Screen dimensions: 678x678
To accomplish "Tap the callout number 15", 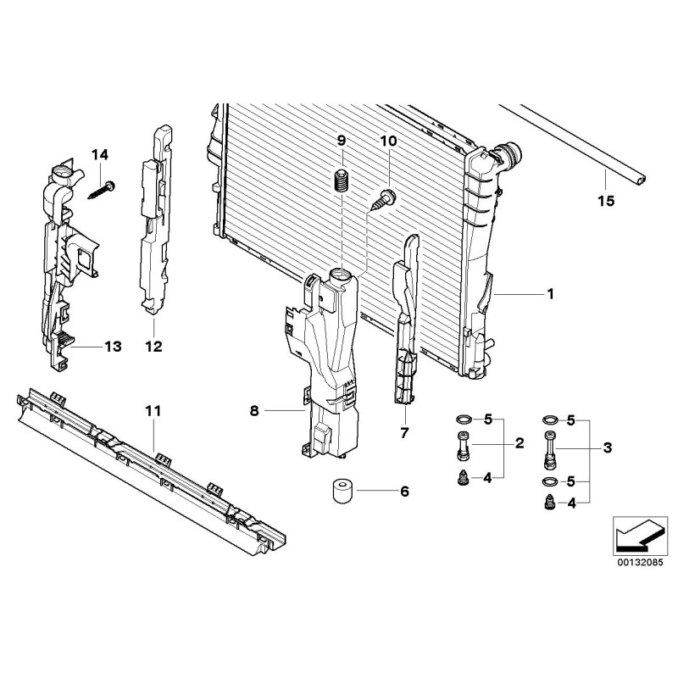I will pos(605,202).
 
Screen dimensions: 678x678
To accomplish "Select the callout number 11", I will pos(153,411).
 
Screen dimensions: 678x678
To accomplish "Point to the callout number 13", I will pos(113,347).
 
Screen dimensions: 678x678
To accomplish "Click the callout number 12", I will pos(153,347).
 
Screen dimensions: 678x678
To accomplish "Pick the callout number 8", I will pos(253,411).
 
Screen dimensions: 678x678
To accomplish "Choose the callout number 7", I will pos(404,433).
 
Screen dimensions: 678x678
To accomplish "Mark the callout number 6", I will pos(403,491).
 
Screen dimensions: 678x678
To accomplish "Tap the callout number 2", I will pos(520,442).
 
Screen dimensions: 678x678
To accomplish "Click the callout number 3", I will pos(607,447).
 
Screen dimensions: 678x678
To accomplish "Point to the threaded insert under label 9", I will pos(342,181).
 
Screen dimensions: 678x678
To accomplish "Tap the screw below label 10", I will pos(385,199).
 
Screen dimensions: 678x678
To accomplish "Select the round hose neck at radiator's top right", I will pos(510,157).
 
